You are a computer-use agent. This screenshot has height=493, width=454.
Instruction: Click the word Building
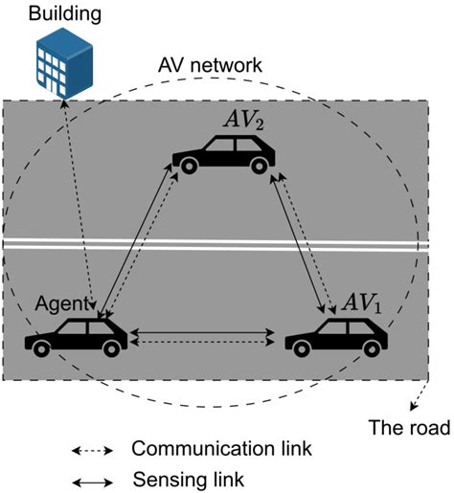[x=65, y=14]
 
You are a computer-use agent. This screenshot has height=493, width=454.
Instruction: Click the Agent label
[x=62, y=304]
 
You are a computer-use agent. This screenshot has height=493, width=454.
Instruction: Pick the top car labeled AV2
[x=222, y=153]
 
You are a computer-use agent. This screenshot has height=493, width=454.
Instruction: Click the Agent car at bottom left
[x=77, y=335]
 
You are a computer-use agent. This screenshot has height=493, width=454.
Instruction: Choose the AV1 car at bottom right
[x=336, y=335]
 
